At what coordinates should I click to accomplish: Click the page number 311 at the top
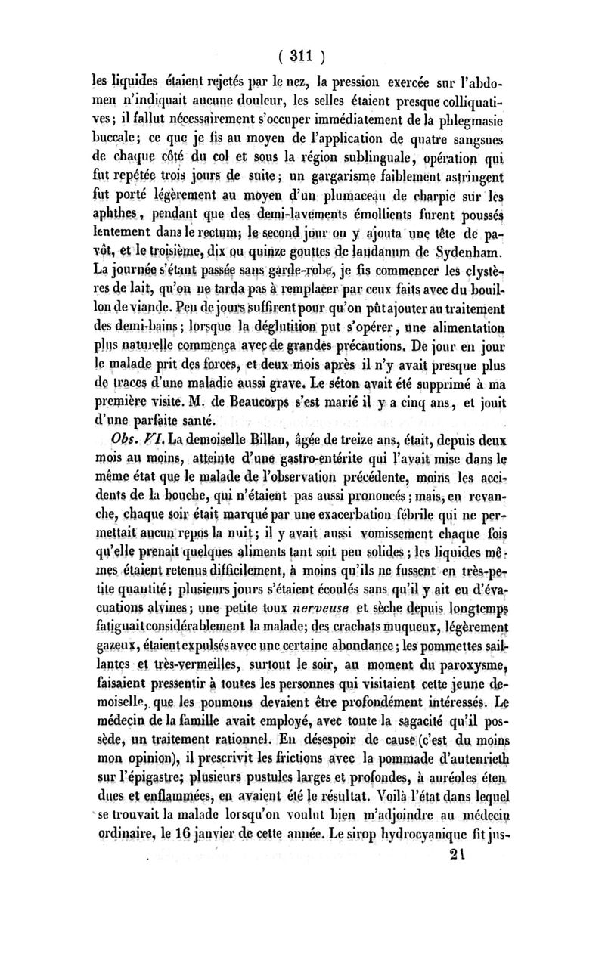coord(302,55)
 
